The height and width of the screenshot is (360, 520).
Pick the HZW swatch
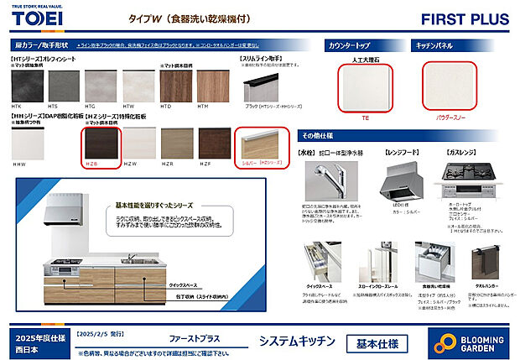139,145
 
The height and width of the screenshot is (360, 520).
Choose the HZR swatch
176,145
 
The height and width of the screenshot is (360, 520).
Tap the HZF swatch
214,145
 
